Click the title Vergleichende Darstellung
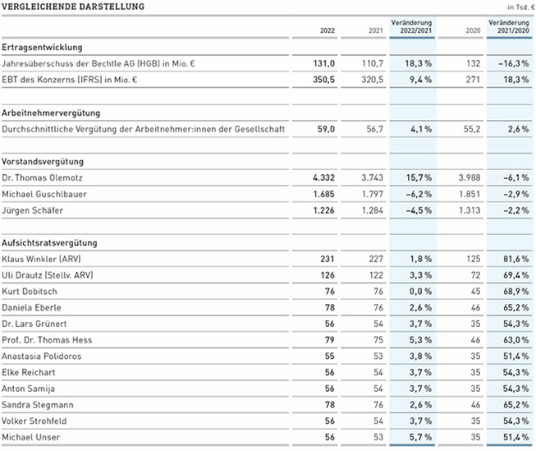coord(73,7)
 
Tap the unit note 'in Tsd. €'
coord(521,7)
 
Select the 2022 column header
coord(328,30)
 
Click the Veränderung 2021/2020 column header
coord(509,26)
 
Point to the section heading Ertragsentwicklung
coord(42,47)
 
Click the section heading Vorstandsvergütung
coord(43,162)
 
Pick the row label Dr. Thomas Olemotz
coord(42,177)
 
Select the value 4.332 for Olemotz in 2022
coord(323,177)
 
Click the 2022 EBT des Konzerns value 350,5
coord(323,80)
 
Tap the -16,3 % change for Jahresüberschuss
coord(514,63)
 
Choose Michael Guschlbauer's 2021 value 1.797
coord(373,194)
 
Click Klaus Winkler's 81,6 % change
coord(515,259)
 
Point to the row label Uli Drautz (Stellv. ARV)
coord(48,275)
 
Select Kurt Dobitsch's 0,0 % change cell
coord(420,292)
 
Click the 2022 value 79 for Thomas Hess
coord(329,340)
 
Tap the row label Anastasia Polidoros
coord(42,357)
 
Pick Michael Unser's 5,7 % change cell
coord(420,437)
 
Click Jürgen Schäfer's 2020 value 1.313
coord(470,210)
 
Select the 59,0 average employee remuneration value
coord(326,129)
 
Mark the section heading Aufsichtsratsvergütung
coord(49,243)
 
